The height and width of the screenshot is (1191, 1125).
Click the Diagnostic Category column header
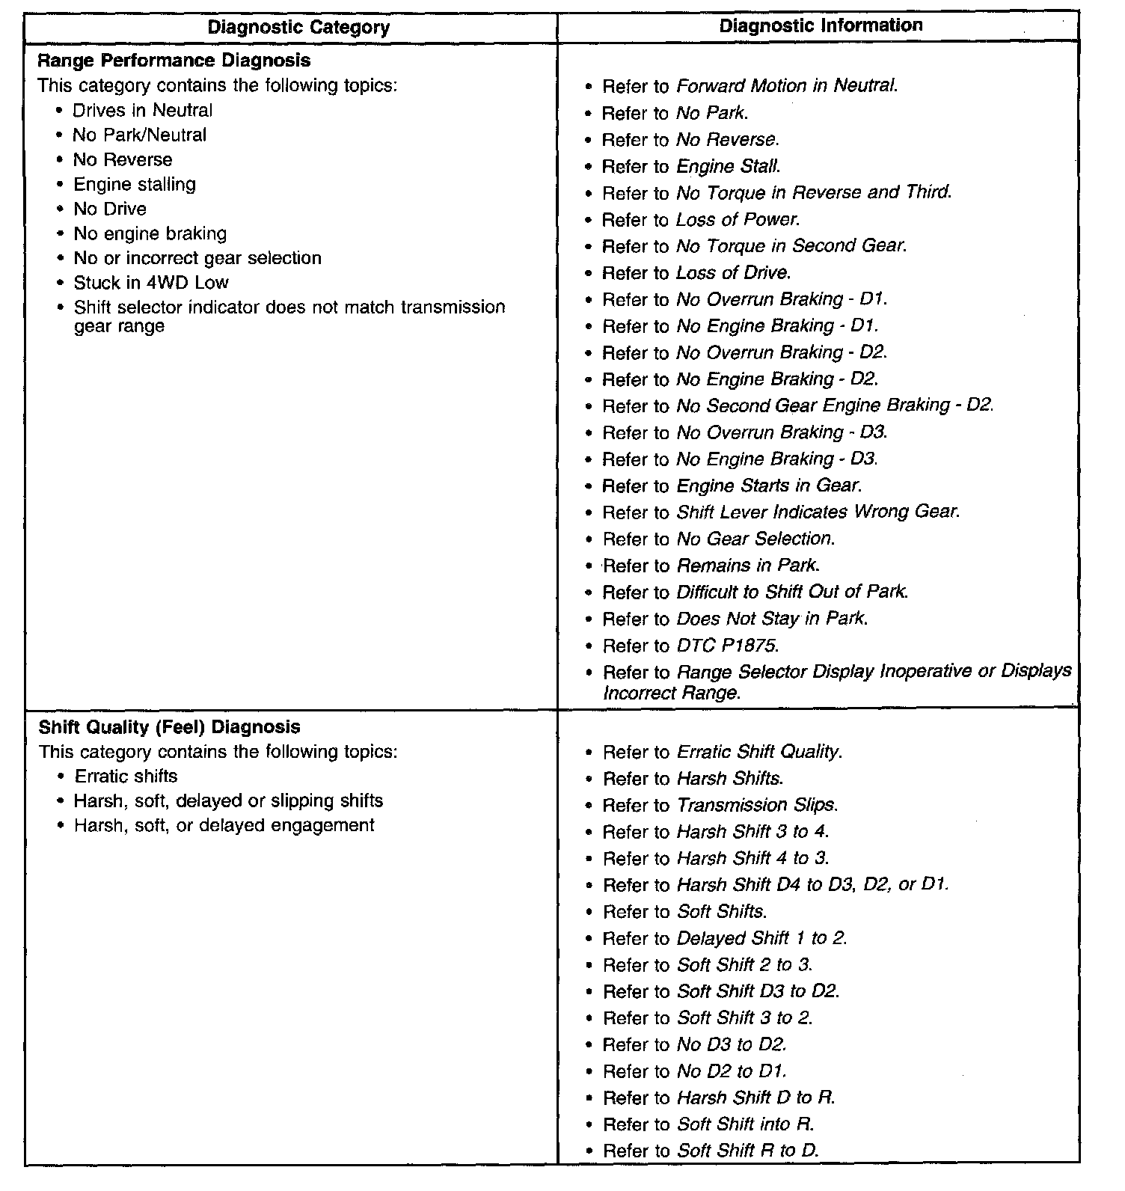(298, 28)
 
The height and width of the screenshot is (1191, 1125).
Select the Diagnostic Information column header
(821, 25)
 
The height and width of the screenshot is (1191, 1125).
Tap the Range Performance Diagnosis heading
(174, 60)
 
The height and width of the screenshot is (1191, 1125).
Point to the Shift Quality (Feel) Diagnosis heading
(169, 726)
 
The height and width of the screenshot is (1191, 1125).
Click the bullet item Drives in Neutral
(142, 111)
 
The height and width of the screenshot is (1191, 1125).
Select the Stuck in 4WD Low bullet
(150, 283)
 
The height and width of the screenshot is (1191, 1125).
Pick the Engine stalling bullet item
(135, 184)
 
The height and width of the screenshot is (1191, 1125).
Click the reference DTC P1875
(728, 646)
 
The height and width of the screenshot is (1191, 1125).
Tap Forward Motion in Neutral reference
(786, 86)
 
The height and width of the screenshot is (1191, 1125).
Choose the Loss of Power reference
(738, 220)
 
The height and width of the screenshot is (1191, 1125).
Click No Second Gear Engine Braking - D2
(835, 405)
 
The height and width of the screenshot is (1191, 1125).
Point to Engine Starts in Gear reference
(769, 486)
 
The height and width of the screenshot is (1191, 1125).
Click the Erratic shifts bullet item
(126, 776)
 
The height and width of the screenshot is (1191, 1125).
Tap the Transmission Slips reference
(757, 805)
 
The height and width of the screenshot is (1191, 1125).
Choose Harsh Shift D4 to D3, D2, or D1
(812, 885)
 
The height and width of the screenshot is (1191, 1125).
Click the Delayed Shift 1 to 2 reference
(761, 938)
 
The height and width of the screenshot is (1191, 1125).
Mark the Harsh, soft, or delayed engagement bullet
(224, 825)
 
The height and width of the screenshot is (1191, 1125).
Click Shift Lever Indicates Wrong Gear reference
(818, 512)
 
